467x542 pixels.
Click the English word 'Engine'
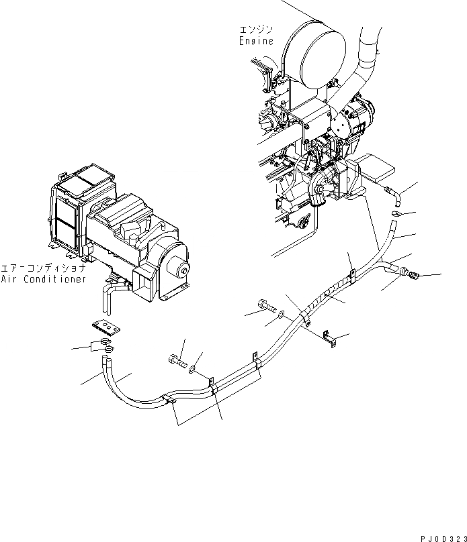[256, 41]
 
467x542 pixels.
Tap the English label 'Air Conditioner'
[43, 279]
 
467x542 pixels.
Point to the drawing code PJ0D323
[439, 536]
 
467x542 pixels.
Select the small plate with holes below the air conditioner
[107, 326]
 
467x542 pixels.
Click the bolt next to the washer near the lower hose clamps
[177, 361]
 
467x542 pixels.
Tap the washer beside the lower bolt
[194, 368]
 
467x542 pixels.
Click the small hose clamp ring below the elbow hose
[396, 214]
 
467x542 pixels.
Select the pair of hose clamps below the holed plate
[104, 347]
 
